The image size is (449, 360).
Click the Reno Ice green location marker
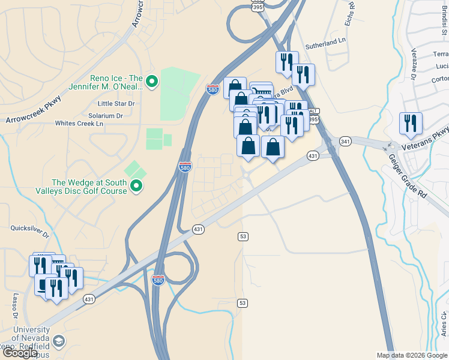click(151, 81)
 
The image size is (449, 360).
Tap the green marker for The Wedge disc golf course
click(137, 187)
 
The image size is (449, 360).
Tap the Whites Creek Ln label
click(79, 124)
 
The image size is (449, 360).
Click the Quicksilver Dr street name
click(29, 228)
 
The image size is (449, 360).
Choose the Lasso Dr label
click(12, 306)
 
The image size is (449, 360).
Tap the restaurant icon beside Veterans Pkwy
click(411, 124)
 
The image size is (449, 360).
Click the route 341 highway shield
click(345, 142)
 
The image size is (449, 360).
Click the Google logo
click(20, 353)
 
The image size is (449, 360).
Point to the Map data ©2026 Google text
click(412, 355)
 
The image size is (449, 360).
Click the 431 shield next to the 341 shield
click(312, 155)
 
